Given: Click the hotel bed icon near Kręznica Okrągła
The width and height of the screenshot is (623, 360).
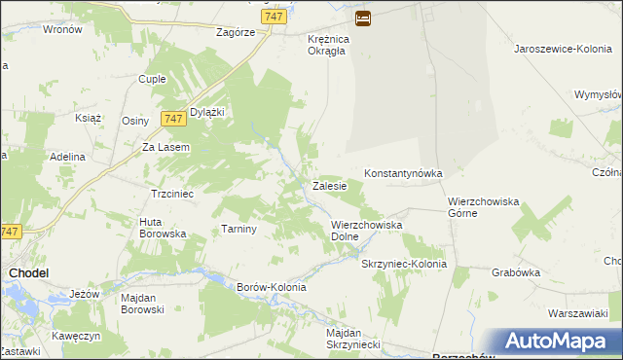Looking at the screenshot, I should click(x=362, y=18).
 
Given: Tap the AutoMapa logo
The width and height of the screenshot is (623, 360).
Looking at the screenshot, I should click(x=554, y=341).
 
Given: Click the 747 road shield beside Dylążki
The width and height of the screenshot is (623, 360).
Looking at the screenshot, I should click(x=174, y=118).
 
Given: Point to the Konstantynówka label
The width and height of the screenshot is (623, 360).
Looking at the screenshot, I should click(x=403, y=173).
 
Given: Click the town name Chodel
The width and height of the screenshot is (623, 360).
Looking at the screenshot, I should click(x=29, y=273).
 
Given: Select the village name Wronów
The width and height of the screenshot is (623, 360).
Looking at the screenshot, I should click(x=62, y=29).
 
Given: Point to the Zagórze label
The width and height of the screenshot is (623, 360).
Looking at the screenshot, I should click(x=236, y=31).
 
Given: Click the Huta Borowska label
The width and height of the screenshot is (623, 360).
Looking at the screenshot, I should click(x=163, y=228).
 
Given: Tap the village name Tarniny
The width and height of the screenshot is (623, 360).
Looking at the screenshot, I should click(x=238, y=229).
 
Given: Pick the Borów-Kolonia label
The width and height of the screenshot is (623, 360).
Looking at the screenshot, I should click(x=272, y=287).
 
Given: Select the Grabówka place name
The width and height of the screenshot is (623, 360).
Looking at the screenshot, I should click(x=516, y=272).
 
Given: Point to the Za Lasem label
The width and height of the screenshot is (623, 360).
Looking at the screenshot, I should click(x=165, y=147).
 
